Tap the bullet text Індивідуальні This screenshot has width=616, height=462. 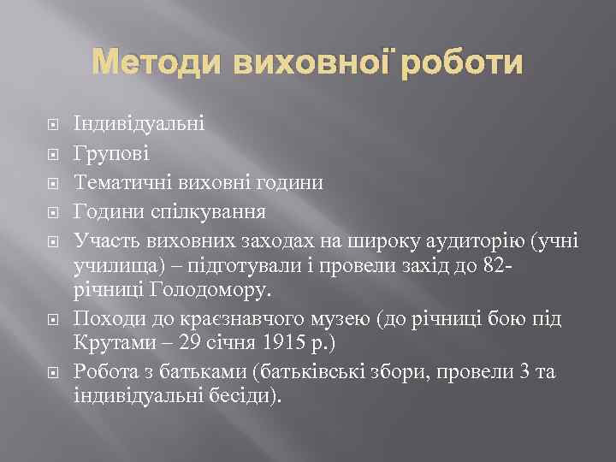coord(139,125)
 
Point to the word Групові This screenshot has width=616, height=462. coord(112,154)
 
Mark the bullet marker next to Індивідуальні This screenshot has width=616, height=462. coord(53,126)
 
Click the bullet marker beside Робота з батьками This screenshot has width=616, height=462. coord(53,373)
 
